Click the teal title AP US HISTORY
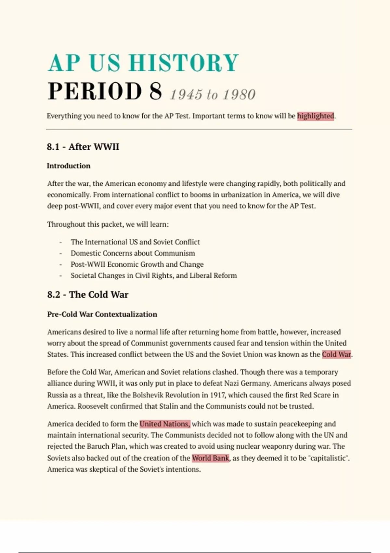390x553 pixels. coord(143,62)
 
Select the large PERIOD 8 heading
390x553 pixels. coord(105,91)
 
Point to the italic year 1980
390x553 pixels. coord(239,95)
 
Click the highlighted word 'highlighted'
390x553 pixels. coord(315,116)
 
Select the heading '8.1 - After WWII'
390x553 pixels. coord(83,147)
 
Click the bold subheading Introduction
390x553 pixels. coord(69,166)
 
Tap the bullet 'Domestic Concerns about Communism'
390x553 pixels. coord(133,253)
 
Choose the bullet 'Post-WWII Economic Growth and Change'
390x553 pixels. coord(137,264)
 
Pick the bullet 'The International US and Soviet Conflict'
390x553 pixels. coord(135,242)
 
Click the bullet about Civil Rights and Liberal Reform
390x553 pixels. coord(153,276)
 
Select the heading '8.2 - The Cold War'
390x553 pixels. coord(87,295)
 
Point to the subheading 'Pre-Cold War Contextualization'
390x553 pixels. coord(102,314)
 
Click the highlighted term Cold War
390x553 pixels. coord(336,354)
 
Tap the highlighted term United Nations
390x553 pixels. coord(165,424)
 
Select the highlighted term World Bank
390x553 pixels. coord(211,458)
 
